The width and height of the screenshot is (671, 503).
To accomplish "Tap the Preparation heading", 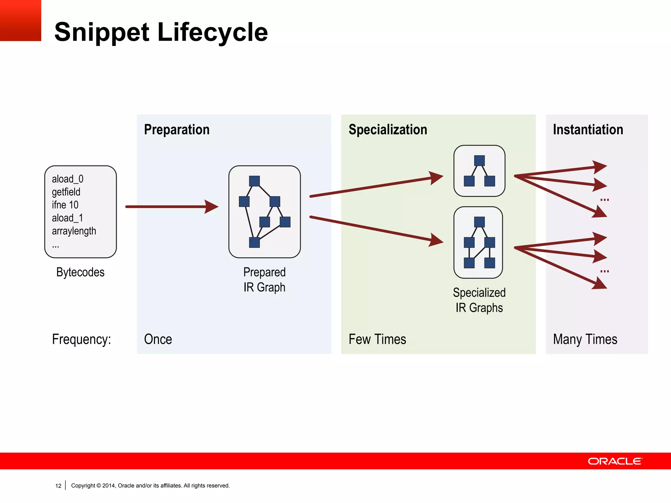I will coord(177,130).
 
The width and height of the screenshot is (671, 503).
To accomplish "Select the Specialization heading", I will coord(388,130).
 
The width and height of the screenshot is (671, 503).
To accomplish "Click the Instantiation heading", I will coord(588,130).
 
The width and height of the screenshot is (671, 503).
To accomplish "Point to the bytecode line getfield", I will coord(66,192).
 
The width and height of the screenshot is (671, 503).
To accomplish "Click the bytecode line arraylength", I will coord(74,231).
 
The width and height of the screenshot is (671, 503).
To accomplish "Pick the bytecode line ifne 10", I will coord(65,205).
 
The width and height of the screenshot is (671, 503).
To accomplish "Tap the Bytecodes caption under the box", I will coord(80,272).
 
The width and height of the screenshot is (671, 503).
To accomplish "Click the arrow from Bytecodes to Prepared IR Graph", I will coord(170,207).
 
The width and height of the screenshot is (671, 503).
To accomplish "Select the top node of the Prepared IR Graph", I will coord(254,181).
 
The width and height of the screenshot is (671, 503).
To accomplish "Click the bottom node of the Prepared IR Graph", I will coord(254,242).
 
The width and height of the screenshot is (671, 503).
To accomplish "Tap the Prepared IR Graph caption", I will coord(264,280).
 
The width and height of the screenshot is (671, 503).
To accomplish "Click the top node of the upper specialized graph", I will coord(479,160).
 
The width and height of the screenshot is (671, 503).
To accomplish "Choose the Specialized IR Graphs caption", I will coord(479,300).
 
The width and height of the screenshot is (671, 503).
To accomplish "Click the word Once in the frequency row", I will coord(158,339).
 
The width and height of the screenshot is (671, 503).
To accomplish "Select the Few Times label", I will coord(377,339).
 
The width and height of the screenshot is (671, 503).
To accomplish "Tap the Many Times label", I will coord(585,339).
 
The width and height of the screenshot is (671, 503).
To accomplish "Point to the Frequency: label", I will coord(81,339).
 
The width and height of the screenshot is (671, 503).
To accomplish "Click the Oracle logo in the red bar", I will coord(615,461).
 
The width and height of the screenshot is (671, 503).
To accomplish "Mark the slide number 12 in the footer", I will coord(58,486).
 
